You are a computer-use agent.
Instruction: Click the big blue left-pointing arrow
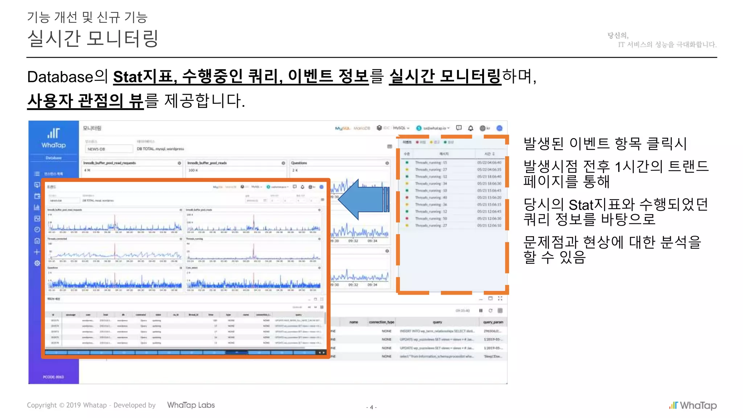pyautogui.click(x=363, y=199)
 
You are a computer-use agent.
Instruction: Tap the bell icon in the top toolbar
pyautogui.click(x=471, y=128)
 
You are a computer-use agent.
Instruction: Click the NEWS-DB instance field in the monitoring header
pyautogui.click(x=109, y=149)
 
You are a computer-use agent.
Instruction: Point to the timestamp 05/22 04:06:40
pyautogui.click(x=489, y=163)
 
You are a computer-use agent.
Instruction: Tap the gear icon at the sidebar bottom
pyautogui.click(x=37, y=263)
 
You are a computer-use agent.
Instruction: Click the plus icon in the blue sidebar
pyautogui.click(x=37, y=252)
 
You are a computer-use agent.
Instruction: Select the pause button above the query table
pyautogui.click(x=481, y=311)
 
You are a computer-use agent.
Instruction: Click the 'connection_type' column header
pyautogui.click(x=381, y=322)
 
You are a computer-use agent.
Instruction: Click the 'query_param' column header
pyautogui.click(x=493, y=322)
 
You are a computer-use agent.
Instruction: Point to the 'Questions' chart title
pyautogui.click(x=299, y=163)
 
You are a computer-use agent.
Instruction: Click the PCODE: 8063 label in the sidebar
pyautogui.click(x=53, y=377)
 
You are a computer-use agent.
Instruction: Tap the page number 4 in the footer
pyautogui.click(x=371, y=407)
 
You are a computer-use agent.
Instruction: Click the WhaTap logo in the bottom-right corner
pyautogui.click(x=693, y=405)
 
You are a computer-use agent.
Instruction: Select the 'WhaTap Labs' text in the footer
pyautogui.click(x=191, y=405)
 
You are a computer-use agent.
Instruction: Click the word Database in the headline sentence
pyautogui.click(x=60, y=77)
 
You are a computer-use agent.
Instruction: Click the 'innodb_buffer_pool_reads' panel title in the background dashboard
pyautogui.click(x=207, y=163)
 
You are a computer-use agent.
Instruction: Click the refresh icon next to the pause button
pyautogui.click(x=490, y=311)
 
